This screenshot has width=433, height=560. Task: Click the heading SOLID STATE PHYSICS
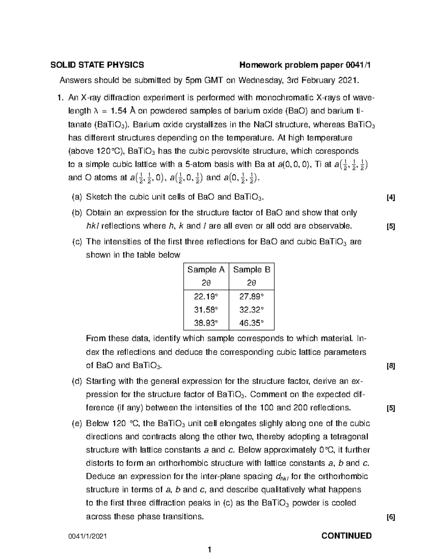pos(97,65)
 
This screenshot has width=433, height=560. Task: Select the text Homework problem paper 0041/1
pos(305,65)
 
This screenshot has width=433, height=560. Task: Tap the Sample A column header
pos(206,270)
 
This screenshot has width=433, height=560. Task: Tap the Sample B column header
pos(252,270)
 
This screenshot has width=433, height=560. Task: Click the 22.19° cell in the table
pos(206,296)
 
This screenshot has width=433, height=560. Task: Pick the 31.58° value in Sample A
pos(206,310)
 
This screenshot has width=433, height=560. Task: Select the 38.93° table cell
pos(206,323)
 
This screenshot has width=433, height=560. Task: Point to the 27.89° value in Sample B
pos(252,296)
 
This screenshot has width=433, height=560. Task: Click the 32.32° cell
pos(252,310)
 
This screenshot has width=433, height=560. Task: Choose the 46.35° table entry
pos(252,323)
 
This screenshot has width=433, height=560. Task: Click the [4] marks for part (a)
pos(390,198)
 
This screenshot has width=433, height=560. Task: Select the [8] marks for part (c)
pos(390,366)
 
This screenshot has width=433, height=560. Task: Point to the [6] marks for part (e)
pos(390,517)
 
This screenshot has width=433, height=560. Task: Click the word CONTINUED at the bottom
pos(346,535)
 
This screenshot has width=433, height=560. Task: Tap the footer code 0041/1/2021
pos(88,537)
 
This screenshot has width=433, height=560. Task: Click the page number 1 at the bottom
pos(209,550)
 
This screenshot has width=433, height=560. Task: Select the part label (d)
pos(77,381)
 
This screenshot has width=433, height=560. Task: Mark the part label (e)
pos(77,423)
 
